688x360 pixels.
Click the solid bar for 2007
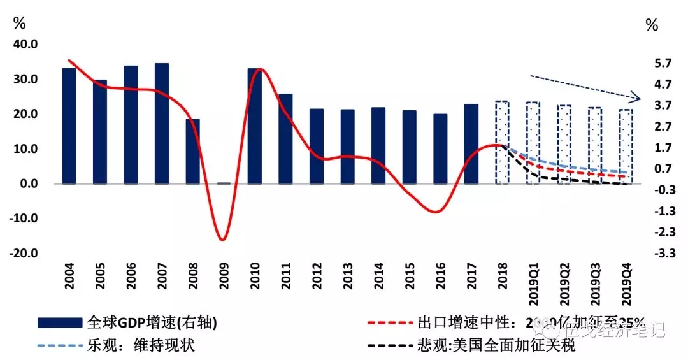(x=162, y=124)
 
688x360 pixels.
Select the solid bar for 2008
(x=193, y=151)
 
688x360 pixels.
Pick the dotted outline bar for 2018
(x=502, y=142)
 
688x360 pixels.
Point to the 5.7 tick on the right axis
(x=663, y=62)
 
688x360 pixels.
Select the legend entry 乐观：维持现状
(x=140, y=346)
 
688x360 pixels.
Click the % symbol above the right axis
(x=652, y=25)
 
